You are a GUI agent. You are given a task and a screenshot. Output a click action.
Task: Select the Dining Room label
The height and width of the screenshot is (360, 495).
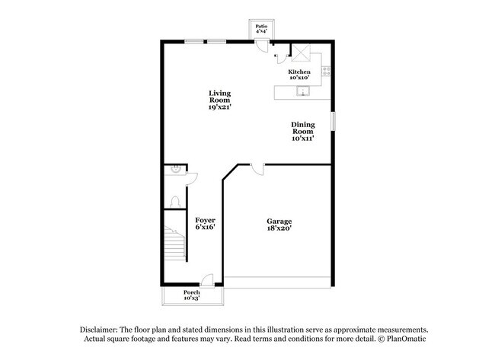302,131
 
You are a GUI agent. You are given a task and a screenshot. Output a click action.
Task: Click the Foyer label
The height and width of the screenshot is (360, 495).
206,223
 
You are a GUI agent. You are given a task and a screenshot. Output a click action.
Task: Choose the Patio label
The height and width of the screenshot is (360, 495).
261,29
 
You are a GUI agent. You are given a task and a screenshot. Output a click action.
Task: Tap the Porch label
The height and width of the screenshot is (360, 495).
192,295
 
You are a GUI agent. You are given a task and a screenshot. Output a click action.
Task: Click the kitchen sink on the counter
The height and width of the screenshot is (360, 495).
302,92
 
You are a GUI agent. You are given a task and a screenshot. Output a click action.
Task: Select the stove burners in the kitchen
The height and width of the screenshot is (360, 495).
324,72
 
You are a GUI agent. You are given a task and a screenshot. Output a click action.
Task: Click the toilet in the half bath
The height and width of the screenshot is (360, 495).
174,202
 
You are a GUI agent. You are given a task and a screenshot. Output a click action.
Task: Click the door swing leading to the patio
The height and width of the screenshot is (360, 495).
261,46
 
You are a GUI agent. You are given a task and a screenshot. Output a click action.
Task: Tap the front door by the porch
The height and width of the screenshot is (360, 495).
206,280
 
